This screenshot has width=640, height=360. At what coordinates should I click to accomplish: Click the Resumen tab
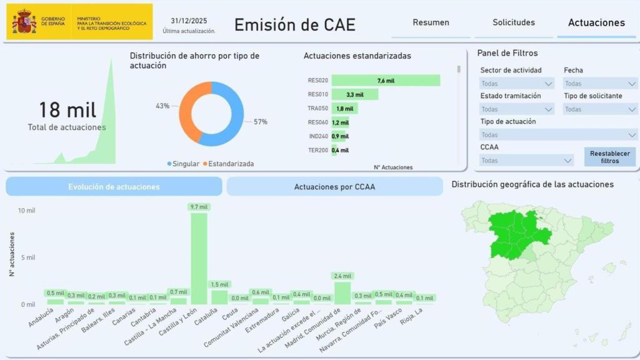tap(431, 22)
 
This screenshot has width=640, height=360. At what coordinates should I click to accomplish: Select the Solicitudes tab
tap(514, 22)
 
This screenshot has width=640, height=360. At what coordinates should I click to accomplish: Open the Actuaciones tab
tap(596, 22)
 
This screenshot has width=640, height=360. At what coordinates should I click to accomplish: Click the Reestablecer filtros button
tap(609, 157)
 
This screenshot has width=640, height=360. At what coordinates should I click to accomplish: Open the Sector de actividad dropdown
tap(517, 84)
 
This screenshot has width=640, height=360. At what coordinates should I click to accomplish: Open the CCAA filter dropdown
tap(526, 161)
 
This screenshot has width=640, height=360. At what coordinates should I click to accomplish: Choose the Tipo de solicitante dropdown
tap(600, 109)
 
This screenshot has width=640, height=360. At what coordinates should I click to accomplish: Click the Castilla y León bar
tap(199, 257)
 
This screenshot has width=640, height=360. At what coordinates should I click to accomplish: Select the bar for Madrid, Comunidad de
tap(342, 292)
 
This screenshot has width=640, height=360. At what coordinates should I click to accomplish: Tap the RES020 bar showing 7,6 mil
tap(386, 81)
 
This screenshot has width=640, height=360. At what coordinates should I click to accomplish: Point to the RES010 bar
tap(355, 94)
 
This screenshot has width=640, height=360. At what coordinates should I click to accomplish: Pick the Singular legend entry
tap(185, 164)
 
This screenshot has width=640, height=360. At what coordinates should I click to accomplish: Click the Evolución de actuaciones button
tap(114, 187)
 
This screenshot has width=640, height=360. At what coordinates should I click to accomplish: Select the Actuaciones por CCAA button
tap(334, 187)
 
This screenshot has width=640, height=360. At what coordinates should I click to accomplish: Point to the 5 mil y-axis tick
tap(26, 257)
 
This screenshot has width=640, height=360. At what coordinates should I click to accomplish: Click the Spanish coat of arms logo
tap(24, 21)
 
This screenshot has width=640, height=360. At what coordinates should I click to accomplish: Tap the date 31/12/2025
tap(189, 20)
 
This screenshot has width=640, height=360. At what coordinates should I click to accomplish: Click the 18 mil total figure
tap(67, 111)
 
